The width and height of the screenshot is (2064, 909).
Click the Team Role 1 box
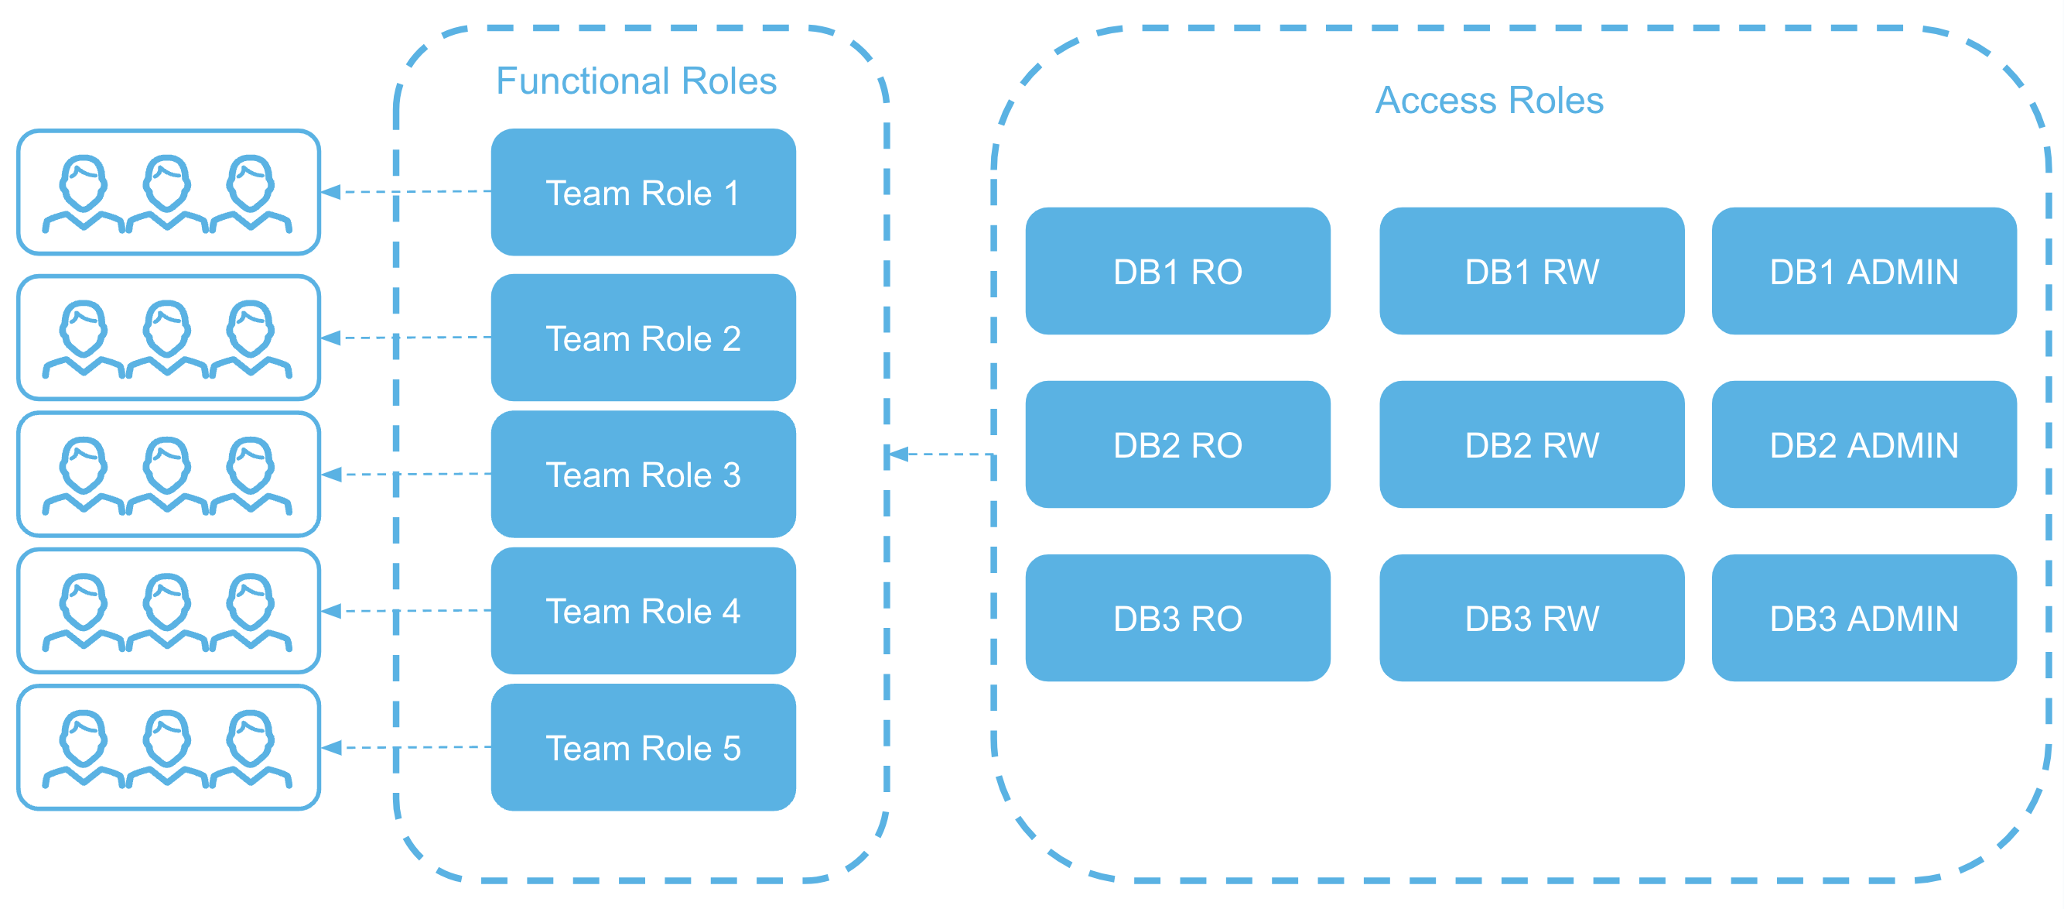click(x=643, y=192)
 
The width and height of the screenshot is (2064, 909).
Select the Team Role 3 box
click(x=643, y=475)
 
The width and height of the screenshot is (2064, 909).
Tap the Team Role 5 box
click(x=643, y=748)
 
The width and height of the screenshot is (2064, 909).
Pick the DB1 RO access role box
click(x=1177, y=272)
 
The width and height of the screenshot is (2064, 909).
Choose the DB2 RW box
click(x=1531, y=445)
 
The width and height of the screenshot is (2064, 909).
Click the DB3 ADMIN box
click(x=1864, y=618)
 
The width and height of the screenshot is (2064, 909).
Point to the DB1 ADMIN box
click(x=1864, y=272)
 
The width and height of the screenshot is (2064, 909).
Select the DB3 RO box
click(x=1177, y=618)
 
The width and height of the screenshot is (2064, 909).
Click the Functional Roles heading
click(x=636, y=81)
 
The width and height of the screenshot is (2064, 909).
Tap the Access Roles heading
click(x=1488, y=101)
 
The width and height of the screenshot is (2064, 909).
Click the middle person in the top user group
click(x=166, y=192)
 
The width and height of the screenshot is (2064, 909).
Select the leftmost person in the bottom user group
click(x=84, y=747)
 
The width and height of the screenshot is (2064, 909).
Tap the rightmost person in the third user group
click(x=251, y=475)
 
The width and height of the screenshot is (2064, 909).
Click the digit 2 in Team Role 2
click(x=731, y=339)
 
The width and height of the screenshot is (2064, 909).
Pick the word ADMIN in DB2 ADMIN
click(x=1902, y=446)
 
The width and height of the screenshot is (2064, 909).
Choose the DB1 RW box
click(x=1531, y=272)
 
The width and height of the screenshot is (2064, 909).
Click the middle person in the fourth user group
click(x=166, y=611)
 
